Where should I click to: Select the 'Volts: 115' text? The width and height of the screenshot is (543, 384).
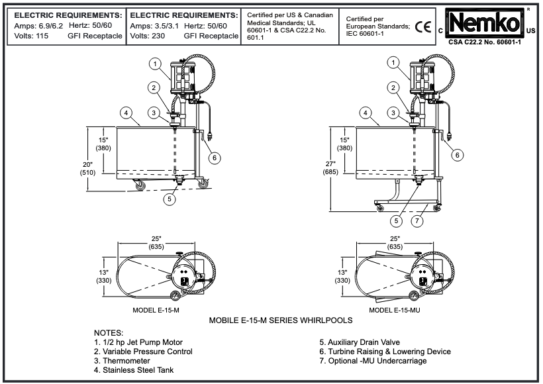pos(29,36)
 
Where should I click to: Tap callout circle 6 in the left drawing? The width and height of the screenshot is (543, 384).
pos(216,157)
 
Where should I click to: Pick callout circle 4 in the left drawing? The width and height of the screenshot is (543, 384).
pos(125,113)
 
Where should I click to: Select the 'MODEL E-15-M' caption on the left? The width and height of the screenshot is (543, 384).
pos(156,309)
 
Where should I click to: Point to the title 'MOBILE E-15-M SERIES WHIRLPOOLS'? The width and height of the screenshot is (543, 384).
pos(281,320)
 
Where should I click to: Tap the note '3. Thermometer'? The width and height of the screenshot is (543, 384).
pos(126,361)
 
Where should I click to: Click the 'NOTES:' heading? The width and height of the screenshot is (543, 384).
pos(109,332)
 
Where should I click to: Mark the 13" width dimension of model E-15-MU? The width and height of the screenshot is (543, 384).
pos(342,275)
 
